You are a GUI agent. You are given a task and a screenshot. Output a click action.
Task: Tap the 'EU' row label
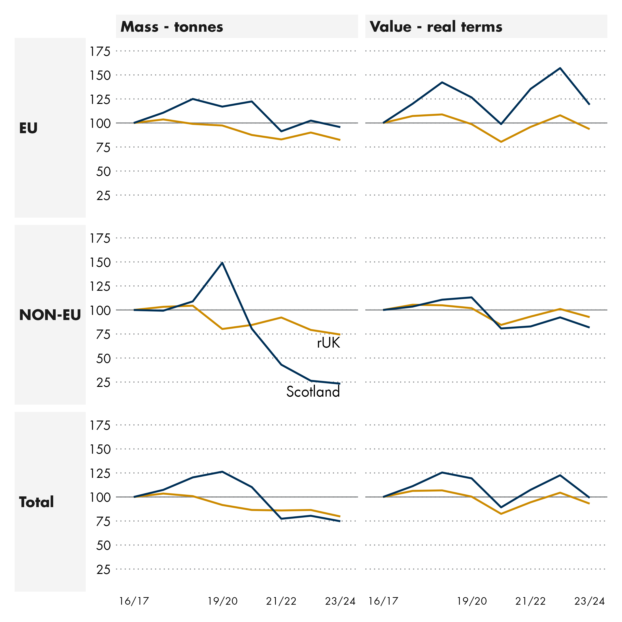(x=28, y=128)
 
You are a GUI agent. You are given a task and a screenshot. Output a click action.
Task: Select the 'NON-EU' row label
(x=50, y=315)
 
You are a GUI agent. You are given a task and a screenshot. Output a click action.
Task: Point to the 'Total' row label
(x=36, y=502)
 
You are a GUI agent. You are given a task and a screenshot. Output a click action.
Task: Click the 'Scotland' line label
(x=313, y=392)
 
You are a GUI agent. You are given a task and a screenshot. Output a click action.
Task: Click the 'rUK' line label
(x=328, y=343)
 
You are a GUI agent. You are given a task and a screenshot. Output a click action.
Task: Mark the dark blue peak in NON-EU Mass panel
(x=222, y=263)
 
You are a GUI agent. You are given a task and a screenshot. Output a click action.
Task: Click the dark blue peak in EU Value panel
(x=560, y=68)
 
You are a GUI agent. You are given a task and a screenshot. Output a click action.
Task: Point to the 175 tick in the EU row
(x=100, y=51)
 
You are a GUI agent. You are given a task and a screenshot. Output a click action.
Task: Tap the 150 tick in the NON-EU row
(x=100, y=262)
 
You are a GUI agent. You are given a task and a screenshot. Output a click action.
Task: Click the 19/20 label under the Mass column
(x=222, y=601)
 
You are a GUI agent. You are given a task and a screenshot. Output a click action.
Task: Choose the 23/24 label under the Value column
(x=590, y=601)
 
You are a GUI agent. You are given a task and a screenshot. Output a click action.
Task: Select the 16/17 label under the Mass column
(x=134, y=601)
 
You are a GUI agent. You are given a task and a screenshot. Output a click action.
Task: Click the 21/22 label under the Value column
(x=531, y=601)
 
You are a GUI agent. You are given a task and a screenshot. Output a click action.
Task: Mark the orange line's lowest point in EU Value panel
(x=501, y=142)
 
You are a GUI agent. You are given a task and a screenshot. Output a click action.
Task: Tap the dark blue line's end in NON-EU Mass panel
(x=340, y=383)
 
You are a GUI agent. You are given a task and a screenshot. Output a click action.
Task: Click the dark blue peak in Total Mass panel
(x=222, y=472)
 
